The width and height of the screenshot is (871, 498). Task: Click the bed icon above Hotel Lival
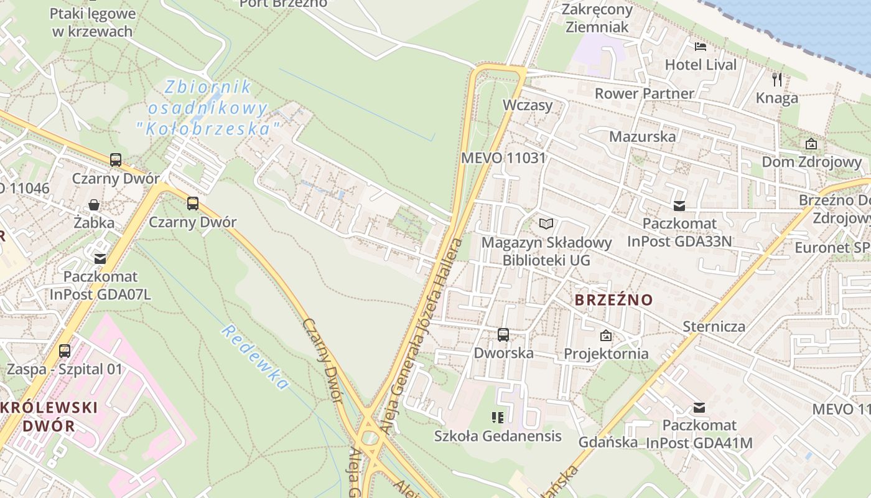[701, 46]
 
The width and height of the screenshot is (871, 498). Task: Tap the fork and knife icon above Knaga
[776, 79]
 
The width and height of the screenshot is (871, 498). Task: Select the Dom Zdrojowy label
[812, 162]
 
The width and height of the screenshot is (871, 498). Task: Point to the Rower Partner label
[644, 93]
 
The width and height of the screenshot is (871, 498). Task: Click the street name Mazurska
[642, 136]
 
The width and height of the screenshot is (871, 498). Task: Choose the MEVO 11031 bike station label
[503, 157]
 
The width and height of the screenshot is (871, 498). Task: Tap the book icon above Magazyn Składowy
[546, 223]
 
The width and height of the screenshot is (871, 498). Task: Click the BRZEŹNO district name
[613, 299]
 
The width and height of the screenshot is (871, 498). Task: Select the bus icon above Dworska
[503, 335]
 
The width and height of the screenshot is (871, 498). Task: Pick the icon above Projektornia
[606, 336]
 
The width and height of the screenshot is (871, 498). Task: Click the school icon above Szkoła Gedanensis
[497, 417]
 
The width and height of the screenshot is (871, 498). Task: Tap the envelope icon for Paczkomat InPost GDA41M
[699, 408]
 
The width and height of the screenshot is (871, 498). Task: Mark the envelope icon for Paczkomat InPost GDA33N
[679, 205]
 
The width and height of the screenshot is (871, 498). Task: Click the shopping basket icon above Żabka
[94, 205]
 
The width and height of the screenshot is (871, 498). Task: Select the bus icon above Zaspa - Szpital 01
[65, 351]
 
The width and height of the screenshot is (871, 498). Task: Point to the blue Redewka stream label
[255, 357]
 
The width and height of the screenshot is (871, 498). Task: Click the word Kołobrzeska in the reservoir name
[208, 129]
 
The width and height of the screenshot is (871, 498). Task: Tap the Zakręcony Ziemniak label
[597, 18]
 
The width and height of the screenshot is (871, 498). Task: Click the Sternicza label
[714, 326]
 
